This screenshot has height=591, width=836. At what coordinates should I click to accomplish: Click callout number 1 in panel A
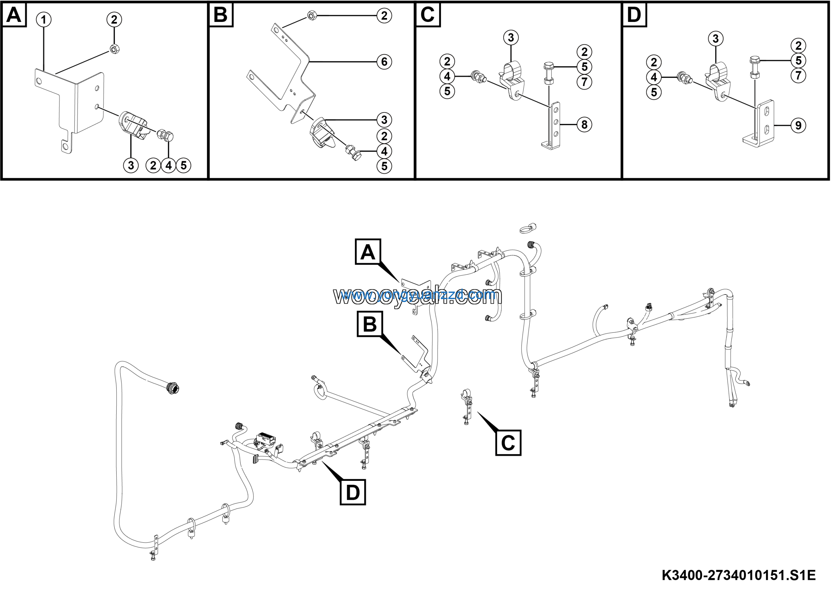click(44, 20)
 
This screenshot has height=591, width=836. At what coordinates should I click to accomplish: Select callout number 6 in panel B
click(384, 62)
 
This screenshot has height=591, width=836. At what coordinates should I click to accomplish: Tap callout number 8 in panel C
click(585, 125)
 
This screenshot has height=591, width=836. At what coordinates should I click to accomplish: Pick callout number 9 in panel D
click(798, 126)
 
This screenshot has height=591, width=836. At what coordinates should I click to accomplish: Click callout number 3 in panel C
click(511, 37)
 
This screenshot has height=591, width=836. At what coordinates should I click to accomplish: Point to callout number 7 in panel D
click(798, 76)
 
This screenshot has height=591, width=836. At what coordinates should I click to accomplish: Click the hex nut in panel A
click(114, 49)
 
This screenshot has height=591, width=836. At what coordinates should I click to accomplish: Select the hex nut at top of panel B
click(312, 16)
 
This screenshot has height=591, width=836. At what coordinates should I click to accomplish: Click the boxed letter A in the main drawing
click(368, 252)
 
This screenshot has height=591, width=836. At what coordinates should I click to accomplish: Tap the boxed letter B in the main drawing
click(370, 324)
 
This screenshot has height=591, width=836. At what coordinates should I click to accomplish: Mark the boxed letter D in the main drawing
click(352, 492)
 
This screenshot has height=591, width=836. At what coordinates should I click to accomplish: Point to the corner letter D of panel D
click(634, 15)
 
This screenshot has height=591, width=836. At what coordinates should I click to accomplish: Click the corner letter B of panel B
click(221, 15)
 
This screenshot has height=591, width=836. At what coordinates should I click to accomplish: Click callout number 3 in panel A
click(131, 166)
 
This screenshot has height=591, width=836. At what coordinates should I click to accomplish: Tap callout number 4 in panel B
click(384, 151)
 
